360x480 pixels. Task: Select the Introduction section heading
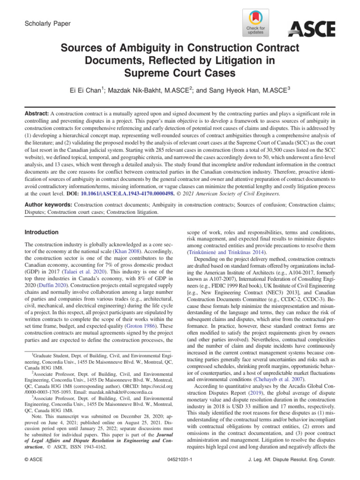42,232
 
